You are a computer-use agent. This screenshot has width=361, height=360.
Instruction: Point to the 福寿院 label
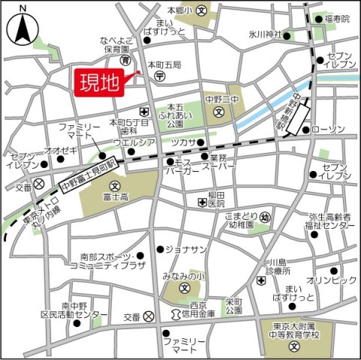[336, 19]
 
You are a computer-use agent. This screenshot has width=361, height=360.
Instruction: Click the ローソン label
[329, 129]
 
